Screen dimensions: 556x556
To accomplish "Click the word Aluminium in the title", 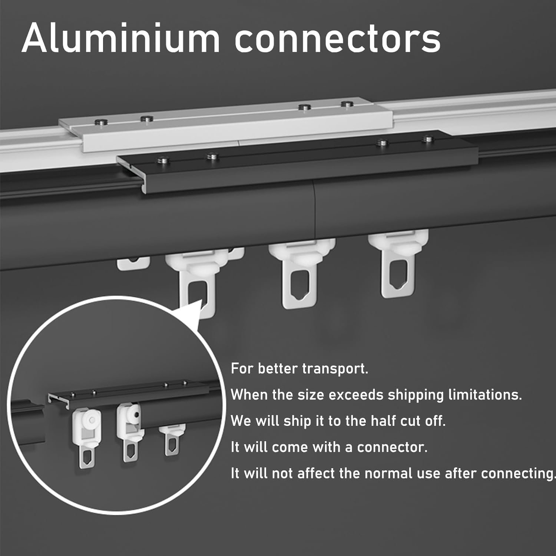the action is pos(120,38).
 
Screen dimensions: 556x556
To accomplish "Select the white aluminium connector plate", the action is pos(225,124).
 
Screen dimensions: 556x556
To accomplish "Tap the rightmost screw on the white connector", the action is pos(346,104).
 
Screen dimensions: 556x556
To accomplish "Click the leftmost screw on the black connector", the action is pos(163,160).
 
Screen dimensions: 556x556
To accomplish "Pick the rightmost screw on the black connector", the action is pos(428,139).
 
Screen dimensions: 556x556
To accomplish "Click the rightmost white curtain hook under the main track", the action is pos(398,263).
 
